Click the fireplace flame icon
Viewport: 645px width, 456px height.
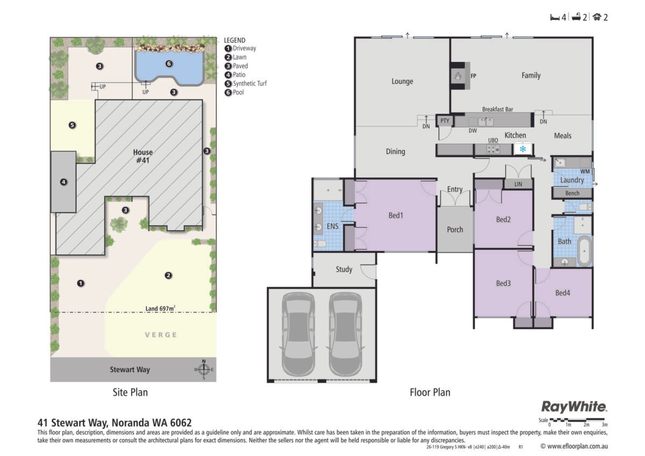pos(458,76)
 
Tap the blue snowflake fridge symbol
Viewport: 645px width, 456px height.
pos(522,149)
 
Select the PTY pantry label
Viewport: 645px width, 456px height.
pos(445,120)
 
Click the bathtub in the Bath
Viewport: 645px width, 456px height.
pos(584,251)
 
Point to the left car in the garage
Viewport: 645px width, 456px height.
pos(298,334)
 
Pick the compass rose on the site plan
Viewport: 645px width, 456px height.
pos(204,369)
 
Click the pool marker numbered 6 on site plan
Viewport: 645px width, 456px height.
pos(169,63)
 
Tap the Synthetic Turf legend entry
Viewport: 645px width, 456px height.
pos(246,83)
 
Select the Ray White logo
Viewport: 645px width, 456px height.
pos(574,407)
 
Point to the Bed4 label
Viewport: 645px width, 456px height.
pos(562,293)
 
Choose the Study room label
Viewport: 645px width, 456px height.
pos(344,269)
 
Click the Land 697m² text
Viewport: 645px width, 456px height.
pos(160,308)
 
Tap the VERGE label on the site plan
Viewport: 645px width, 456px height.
pos(161,334)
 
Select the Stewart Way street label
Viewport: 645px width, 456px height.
pos(130,369)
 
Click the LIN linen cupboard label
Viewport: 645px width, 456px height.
pos(518,184)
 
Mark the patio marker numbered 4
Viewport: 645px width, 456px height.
pos(63,182)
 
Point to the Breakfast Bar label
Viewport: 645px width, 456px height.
pos(497,109)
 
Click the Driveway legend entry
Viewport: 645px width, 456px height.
pos(240,48)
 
